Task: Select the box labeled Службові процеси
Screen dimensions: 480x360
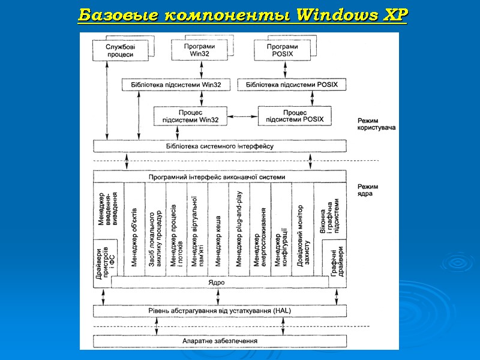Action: click(x=119, y=50)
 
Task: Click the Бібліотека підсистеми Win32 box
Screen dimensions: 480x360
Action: click(x=175, y=85)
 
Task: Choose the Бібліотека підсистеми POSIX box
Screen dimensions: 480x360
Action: click(x=292, y=85)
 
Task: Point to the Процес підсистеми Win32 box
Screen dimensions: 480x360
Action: click(x=190, y=116)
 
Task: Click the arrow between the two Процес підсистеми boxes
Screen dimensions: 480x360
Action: click(x=242, y=116)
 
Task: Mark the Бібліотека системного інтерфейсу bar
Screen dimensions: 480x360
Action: click(x=220, y=146)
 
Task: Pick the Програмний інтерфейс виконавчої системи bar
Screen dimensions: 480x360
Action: click(x=220, y=177)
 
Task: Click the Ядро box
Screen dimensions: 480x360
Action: click(x=220, y=282)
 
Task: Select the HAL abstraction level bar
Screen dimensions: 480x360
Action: click(x=220, y=310)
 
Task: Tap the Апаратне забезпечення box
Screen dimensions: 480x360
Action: click(x=220, y=341)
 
